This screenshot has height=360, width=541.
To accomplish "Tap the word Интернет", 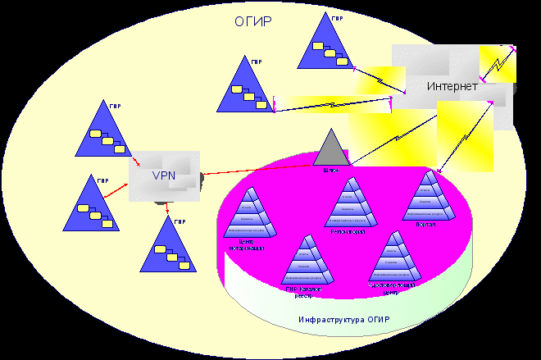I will (451, 85).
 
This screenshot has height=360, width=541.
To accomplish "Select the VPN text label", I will (164, 175).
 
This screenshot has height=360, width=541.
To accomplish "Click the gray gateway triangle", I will (330, 148).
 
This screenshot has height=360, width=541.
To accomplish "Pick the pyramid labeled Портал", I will (429, 197).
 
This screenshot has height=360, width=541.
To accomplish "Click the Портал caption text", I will (426, 223).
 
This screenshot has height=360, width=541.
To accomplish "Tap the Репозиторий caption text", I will (353, 232).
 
